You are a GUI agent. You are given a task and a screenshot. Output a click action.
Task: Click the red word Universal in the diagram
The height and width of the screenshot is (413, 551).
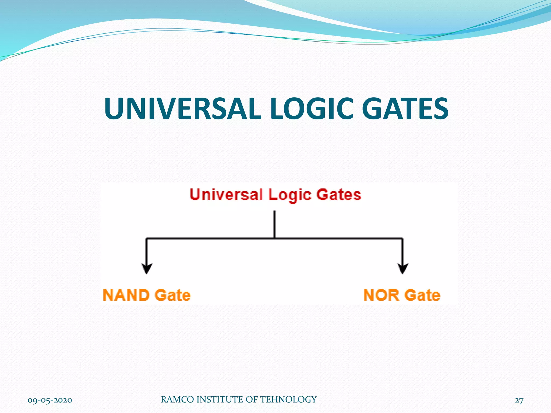click(x=226, y=195)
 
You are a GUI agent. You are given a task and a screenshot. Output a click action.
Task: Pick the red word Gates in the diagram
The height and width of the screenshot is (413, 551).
click(x=339, y=195)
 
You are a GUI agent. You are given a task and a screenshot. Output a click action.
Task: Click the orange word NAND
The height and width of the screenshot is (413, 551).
click(x=126, y=295)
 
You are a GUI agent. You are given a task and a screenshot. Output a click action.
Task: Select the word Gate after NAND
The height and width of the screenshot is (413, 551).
click(x=173, y=295)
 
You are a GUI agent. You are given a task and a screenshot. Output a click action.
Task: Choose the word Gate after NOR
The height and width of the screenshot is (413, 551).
click(x=422, y=295)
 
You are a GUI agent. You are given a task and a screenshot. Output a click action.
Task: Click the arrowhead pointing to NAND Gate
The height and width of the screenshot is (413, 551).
click(x=147, y=269)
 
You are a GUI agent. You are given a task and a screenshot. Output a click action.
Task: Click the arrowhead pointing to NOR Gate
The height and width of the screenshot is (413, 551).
click(x=402, y=269)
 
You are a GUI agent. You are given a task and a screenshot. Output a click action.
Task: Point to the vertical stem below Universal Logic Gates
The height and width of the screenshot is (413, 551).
click(x=275, y=224)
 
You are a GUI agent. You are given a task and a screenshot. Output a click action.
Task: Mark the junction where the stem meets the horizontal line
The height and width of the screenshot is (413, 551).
click(x=275, y=238)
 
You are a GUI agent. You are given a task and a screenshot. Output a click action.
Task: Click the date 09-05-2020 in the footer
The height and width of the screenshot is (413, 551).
click(x=50, y=400)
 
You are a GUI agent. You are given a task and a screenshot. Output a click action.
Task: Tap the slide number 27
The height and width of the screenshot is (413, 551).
click(x=519, y=400)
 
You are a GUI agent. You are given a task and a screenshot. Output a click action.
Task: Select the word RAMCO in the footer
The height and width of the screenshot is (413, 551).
click(x=178, y=400)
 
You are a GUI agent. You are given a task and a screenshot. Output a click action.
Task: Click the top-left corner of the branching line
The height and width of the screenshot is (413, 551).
click(x=147, y=238)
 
